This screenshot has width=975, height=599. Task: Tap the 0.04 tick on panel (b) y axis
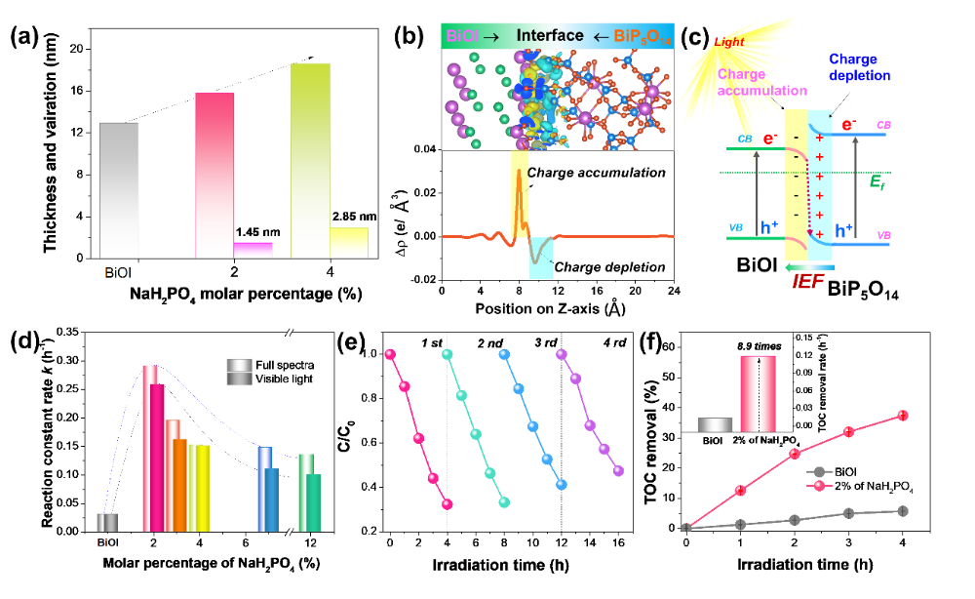click(x=421, y=149)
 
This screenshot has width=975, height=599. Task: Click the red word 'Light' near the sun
click(x=728, y=42)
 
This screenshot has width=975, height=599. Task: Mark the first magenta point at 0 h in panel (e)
click(x=390, y=354)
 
